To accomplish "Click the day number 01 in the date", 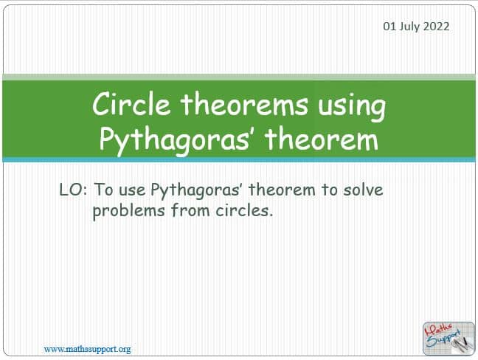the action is [389, 27].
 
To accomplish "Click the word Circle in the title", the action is [131, 104].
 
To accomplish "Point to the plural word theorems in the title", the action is [244, 104].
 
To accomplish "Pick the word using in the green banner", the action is [352, 107].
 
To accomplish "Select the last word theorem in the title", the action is [322, 139].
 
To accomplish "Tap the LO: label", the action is [73, 190].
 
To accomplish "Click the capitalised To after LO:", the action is [104, 190].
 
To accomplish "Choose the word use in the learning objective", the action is [132, 191].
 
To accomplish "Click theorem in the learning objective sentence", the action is [282, 190].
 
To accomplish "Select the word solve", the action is [363, 190].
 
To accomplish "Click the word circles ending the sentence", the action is [244, 210].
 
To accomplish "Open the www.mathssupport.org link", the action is [87, 350].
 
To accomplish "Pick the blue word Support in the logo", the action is [443, 339].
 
